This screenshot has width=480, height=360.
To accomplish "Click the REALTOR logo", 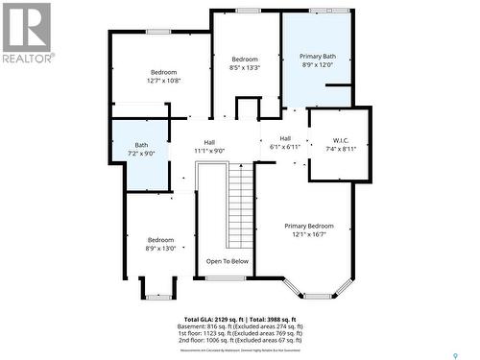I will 26,33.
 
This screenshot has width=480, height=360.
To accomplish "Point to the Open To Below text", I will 227,261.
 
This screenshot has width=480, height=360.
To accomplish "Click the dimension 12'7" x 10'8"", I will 163,81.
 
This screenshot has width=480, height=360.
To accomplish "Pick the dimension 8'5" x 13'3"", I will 245,67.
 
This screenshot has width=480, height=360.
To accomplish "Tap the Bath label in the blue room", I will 141,145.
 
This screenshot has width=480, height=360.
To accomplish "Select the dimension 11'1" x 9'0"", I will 209,151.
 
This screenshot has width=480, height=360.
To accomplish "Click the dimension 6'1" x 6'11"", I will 285,147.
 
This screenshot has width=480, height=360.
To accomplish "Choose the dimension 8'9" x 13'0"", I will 160,248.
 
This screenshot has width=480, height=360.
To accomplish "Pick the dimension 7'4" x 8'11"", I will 341,149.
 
